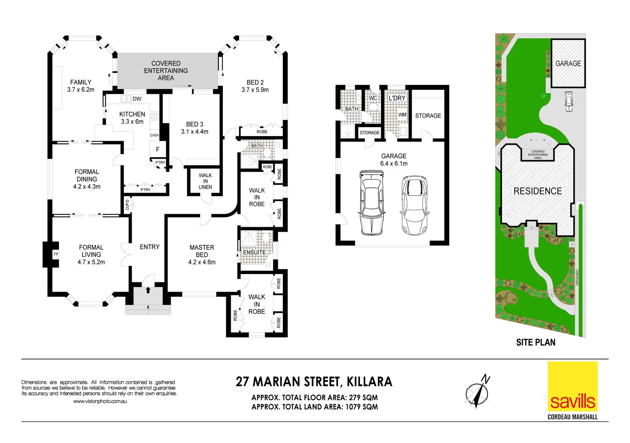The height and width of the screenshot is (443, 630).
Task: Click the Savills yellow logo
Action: pos(573,386)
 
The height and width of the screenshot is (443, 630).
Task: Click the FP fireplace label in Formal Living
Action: pos(56,254)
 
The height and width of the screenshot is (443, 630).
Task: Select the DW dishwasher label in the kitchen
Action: pos(137,99)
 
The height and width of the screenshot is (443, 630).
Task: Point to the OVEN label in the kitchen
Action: pos(154,135)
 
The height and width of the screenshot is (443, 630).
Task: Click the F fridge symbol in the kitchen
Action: pos(158,149)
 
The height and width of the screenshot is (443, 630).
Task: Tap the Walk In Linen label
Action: pos(205,181)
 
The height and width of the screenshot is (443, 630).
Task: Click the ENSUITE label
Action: pos(254,252)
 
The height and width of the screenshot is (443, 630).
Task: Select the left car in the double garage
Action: pos(372,203)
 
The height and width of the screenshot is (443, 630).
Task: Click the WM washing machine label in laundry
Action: pos(402,115)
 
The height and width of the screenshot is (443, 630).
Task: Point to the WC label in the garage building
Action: pos(373,98)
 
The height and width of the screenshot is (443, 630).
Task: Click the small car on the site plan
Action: pos(569,101)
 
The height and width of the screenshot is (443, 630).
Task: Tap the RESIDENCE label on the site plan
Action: pos(538,191)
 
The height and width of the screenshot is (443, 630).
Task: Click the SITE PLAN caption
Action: pos(536,343)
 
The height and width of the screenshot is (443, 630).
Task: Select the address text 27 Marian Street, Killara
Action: pos(314,382)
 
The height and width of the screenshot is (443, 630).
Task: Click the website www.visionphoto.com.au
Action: pos(100,401)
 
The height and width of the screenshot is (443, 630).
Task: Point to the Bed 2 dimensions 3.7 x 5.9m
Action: pos(255,90)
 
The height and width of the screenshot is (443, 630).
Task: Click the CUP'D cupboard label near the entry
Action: pos(127,205)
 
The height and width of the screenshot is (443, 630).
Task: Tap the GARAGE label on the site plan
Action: pos(568,64)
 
